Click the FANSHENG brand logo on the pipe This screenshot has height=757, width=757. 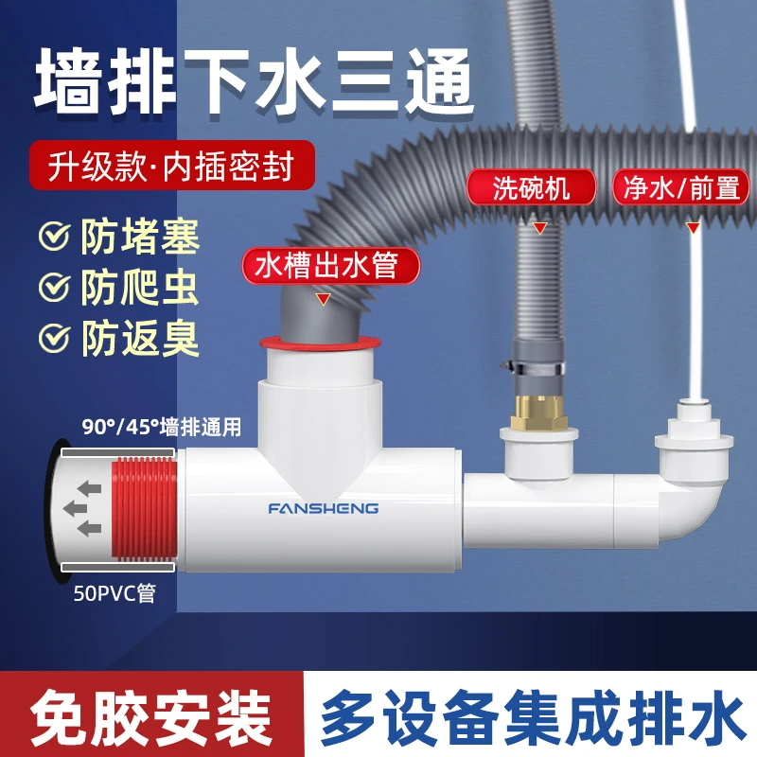(323, 508)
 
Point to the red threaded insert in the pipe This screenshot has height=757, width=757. (143, 509)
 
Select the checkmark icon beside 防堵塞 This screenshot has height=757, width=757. (55, 237)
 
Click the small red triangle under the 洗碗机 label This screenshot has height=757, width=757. (539, 227)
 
